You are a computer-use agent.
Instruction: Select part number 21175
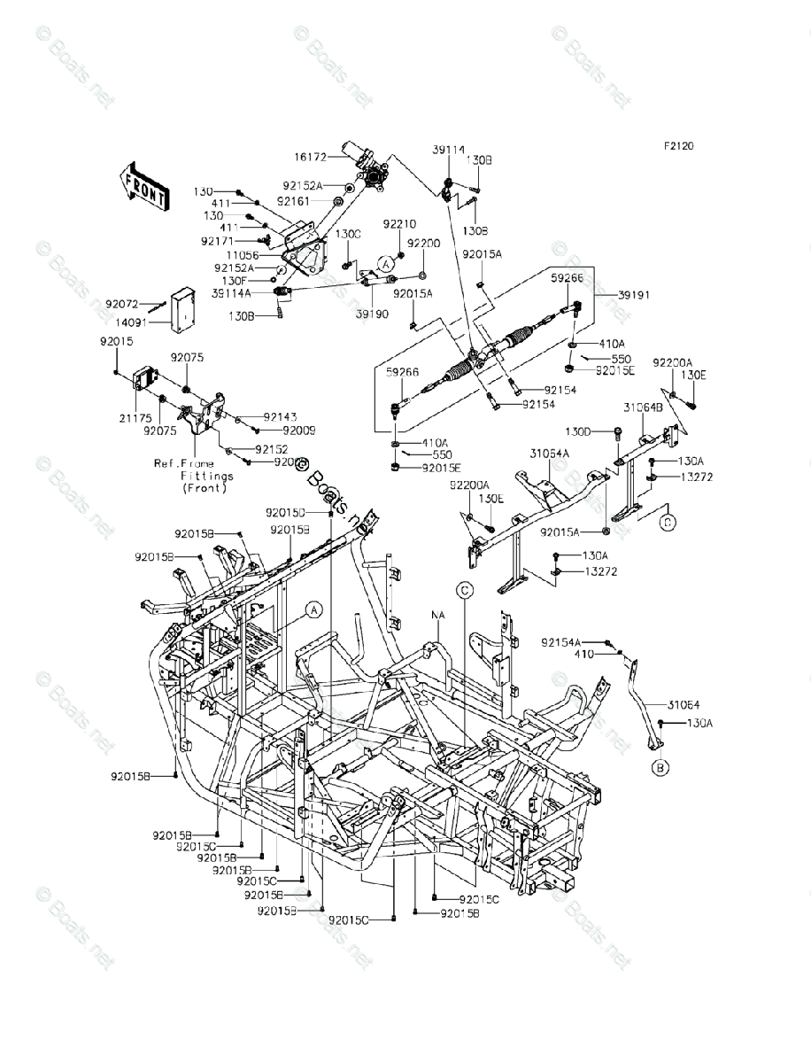pos(127,415)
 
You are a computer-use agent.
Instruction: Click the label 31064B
pos(645,407)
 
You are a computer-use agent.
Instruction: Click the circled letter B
pos(660,768)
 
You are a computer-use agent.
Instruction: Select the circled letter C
pos(465,590)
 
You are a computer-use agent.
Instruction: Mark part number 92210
pos(399,224)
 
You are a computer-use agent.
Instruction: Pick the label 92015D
pos(285,513)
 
